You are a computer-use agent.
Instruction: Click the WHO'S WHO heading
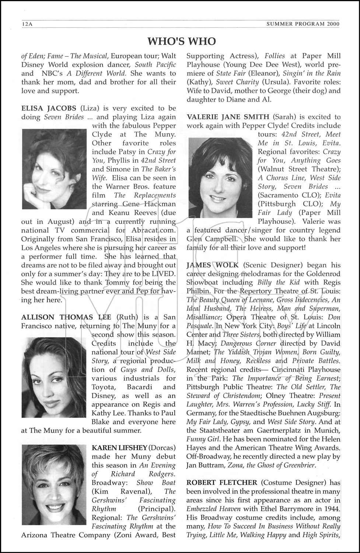pyautogui.click(x=181, y=41)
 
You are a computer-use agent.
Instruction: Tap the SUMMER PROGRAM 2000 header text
pyautogui.click(x=303, y=24)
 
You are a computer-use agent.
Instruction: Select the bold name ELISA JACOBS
pyautogui.click(x=49, y=108)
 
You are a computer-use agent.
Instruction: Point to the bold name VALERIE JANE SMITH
pyautogui.click(x=228, y=117)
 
